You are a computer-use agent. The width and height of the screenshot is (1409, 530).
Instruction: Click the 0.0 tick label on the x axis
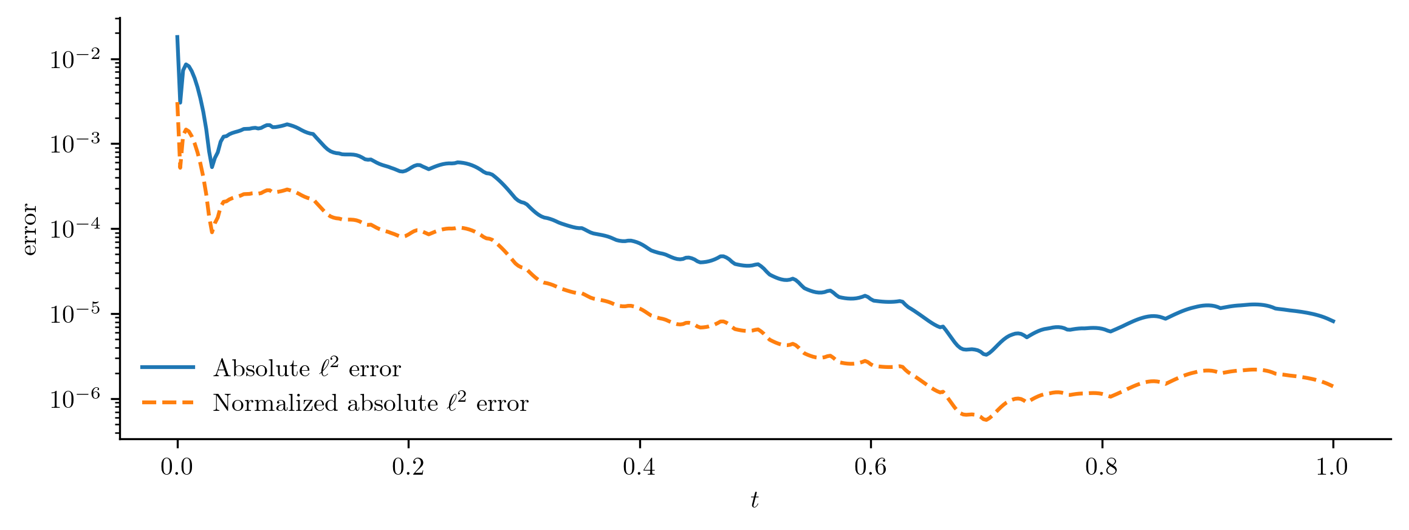tap(177, 467)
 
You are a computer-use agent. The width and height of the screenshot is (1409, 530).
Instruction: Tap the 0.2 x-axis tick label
tap(408, 467)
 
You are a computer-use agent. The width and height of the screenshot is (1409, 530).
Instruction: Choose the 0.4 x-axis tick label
tap(640, 467)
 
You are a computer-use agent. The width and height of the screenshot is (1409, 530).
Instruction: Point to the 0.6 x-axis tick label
tap(871, 467)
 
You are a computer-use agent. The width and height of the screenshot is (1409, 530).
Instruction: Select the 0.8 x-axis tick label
tap(1102, 467)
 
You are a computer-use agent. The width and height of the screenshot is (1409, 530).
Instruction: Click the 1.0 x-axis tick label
tap(1333, 467)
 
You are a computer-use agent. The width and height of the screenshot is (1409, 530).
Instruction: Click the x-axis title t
tap(755, 500)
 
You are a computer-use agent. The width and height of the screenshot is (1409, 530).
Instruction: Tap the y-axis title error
tap(29, 230)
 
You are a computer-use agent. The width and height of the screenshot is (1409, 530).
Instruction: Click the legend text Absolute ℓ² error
tap(307, 368)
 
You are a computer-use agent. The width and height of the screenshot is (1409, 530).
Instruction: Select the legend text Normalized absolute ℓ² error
tap(371, 403)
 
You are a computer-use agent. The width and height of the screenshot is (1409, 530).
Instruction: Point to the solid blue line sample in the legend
tap(168, 367)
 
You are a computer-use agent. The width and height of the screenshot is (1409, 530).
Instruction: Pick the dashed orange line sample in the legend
tap(168, 402)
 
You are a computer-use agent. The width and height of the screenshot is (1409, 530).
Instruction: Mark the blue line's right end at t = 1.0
tap(1334, 321)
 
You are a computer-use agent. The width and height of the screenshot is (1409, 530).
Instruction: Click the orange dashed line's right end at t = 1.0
tap(1334, 387)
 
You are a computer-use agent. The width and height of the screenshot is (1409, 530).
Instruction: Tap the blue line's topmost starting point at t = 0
tap(177, 36)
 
